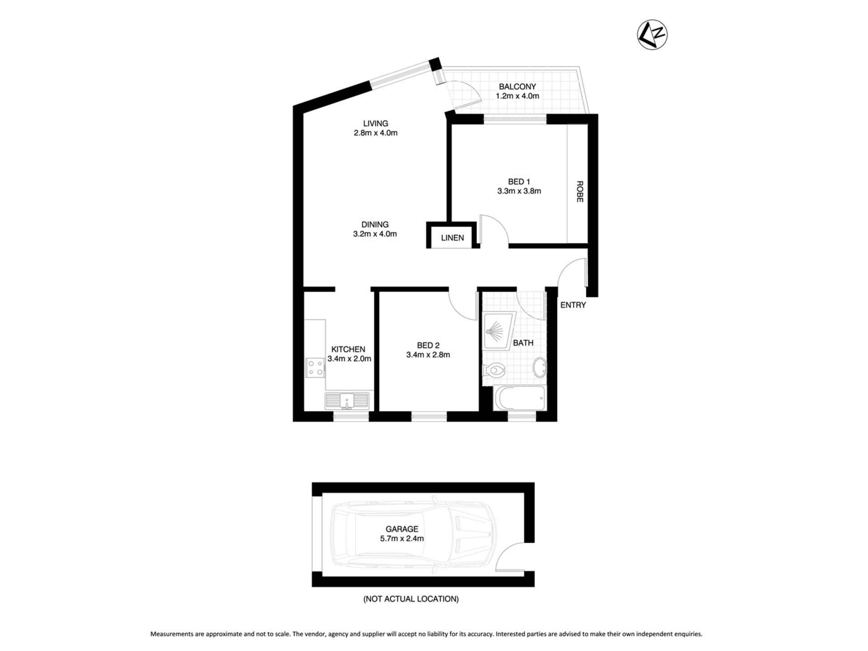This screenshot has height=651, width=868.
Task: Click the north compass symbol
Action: (x=652, y=35)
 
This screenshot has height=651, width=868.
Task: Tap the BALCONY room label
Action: (x=517, y=86)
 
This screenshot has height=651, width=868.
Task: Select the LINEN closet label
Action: (x=452, y=238)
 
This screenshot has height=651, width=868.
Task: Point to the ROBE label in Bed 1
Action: (x=580, y=191)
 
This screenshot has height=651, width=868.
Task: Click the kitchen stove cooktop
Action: (x=315, y=367)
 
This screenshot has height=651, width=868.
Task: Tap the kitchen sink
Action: (x=347, y=401)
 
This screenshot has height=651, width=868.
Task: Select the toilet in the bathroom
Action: (x=494, y=371)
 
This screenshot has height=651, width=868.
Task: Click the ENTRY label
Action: (x=573, y=305)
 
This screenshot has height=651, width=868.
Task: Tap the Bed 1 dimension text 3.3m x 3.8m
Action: (x=519, y=191)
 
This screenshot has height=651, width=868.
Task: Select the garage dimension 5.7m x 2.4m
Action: (x=402, y=538)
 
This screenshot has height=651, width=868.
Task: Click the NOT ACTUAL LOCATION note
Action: (x=411, y=599)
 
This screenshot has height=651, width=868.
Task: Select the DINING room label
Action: (x=375, y=224)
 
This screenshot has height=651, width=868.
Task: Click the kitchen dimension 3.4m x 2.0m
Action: (x=349, y=359)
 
